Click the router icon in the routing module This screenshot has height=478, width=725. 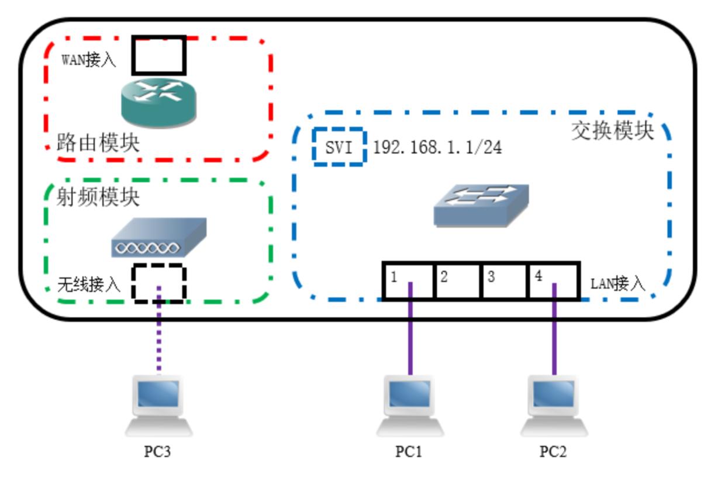point(158,102)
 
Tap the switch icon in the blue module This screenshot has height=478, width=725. point(481,205)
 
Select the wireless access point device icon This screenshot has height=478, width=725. point(158,238)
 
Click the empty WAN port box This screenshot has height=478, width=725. point(159,56)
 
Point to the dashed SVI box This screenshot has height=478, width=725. point(339,147)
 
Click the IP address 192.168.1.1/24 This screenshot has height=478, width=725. point(437,147)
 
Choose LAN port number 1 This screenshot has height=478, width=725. point(409,281)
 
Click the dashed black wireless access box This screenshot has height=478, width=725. point(158,283)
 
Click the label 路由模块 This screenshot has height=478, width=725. point(98,144)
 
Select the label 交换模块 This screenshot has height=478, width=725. point(612,131)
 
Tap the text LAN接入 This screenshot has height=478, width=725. point(618,285)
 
